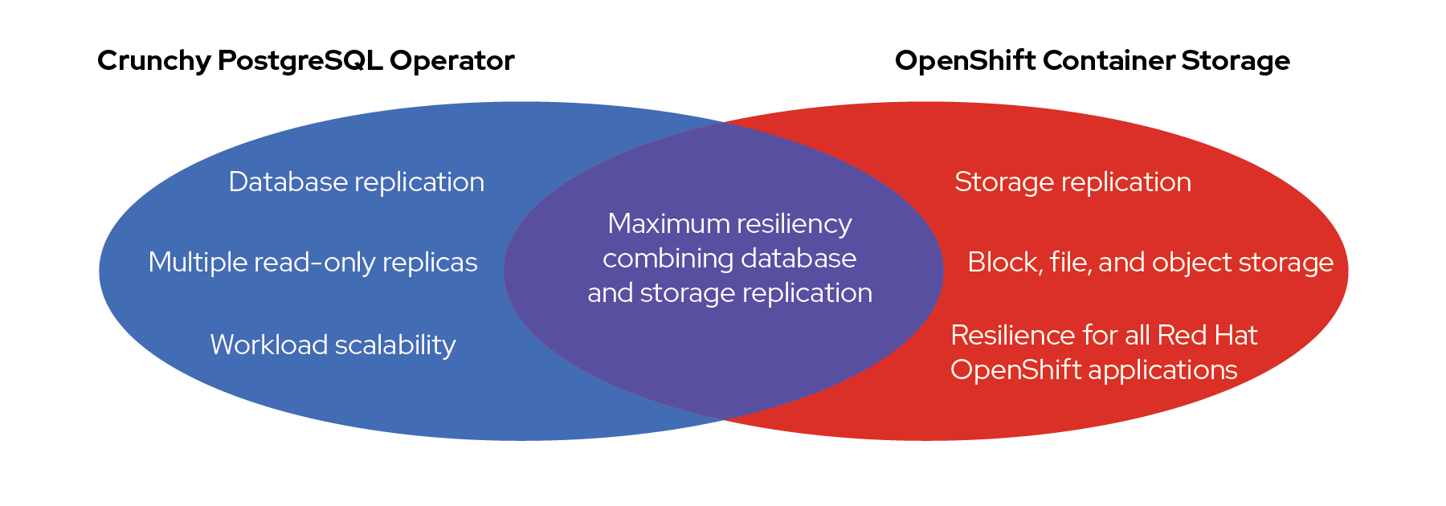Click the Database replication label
(x=356, y=182)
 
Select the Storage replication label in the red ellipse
(x=1072, y=182)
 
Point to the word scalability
(x=395, y=345)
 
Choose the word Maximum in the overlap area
(x=657, y=223)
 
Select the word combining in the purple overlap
(x=668, y=259)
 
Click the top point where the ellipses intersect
(x=724, y=122)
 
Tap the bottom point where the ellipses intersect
(x=724, y=419)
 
